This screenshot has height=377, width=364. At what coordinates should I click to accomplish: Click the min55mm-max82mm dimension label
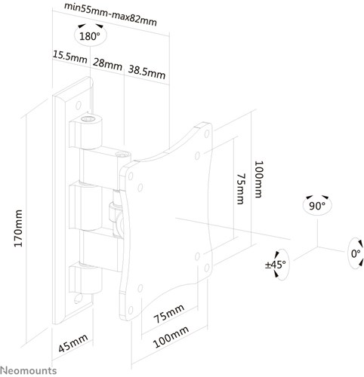click(110, 14)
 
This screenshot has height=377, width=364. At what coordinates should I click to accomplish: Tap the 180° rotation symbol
click(90, 35)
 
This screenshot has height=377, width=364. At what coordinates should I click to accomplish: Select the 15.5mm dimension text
click(69, 57)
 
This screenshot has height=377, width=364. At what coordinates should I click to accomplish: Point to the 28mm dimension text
click(107, 64)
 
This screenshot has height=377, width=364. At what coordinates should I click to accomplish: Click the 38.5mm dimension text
click(147, 72)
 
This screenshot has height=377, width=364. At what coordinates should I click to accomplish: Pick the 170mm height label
click(18, 228)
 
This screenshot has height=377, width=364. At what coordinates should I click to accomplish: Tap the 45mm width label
click(73, 343)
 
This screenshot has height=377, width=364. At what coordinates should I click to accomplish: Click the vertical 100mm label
click(259, 179)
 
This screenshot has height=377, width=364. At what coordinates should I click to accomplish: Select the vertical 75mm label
click(241, 188)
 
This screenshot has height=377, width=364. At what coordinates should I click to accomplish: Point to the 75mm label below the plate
click(169, 314)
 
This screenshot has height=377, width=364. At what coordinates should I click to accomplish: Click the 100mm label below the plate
click(171, 337)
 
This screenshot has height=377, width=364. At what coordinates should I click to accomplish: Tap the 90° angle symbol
click(317, 206)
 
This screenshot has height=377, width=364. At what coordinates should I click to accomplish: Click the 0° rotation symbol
click(356, 253)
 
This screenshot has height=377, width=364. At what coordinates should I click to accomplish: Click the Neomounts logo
click(29, 370)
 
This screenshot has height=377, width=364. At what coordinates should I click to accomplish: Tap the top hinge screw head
click(88, 119)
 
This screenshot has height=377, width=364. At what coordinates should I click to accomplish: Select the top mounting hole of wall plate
click(79, 106)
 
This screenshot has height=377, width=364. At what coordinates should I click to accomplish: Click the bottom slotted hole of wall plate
click(79, 298)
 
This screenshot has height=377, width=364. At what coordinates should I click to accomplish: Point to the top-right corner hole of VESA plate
click(207, 134)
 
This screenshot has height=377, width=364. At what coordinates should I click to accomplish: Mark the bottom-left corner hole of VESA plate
click(131, 311)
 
